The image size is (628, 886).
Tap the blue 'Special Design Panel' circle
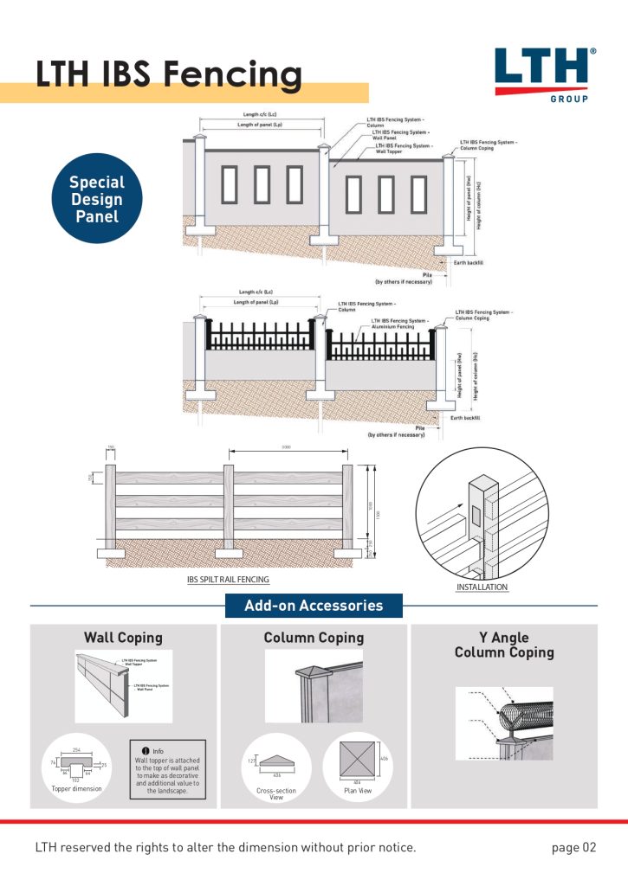click(x=96, y=199)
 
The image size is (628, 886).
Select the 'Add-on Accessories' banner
click(x=314, y=606)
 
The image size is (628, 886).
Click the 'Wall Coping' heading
click(x=123, y=638)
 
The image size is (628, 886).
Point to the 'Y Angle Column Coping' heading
click(x=504, y=645)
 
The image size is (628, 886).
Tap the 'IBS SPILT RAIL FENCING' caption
click(x=228, y=580)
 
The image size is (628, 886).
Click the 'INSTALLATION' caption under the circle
click(x=482, y=587)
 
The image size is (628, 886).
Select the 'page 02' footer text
click(x=573, y=847)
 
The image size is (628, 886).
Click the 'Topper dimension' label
click(x=76, y=789)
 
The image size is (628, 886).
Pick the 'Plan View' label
click(x=359, y=791)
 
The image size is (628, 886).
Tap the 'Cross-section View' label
click(x=276, y=793)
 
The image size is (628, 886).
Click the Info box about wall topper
click(x=167, y=770)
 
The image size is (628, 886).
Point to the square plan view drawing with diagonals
click(x=358, y=761)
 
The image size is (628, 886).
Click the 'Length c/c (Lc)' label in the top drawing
click(x=260, y=114)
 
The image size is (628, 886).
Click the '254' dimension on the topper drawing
click(x=76, y=748)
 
